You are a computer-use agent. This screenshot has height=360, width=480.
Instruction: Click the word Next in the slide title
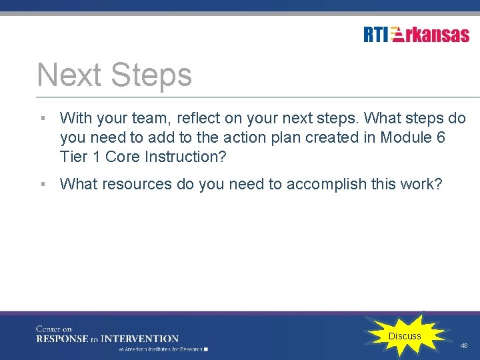70,75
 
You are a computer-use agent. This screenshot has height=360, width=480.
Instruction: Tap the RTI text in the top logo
376,34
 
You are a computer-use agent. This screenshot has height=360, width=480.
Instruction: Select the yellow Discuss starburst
405,336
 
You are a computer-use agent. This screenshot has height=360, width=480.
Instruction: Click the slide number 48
464,346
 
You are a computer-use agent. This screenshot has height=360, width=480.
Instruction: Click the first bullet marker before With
42,119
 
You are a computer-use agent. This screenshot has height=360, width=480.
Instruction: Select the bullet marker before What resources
42,184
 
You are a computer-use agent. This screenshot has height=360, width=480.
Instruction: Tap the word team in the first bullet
150,119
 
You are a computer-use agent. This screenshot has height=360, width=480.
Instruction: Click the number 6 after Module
441,137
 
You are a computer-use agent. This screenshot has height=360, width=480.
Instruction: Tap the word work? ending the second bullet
421,184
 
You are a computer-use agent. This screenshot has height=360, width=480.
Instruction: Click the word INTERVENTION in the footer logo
141,339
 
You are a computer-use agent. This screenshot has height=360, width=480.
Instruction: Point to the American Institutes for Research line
162,349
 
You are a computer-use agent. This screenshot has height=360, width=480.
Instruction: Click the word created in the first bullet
331,137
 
